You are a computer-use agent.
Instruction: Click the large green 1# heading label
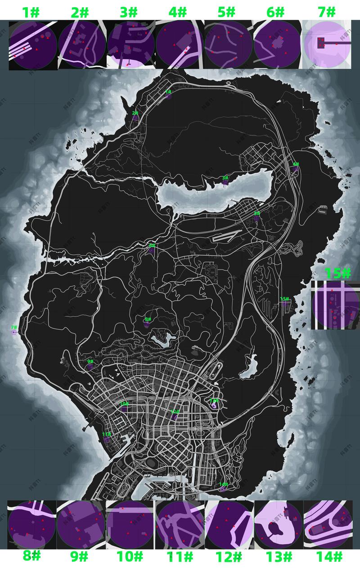click(31, 12)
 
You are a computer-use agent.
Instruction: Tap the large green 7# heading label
click(327, 12)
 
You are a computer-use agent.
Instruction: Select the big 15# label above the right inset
click(337, 273)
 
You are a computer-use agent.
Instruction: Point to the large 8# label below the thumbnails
click(31, 556)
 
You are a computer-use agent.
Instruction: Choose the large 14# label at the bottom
click(329, 557)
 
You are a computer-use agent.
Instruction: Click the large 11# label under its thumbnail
click(180, 557)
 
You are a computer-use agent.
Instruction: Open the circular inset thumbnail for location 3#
click(130, 45)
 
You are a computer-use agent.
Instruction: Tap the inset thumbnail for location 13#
click(278, 525)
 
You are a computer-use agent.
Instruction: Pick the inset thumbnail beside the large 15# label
click(335, 305)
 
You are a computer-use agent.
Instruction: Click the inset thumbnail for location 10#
click(130, 525)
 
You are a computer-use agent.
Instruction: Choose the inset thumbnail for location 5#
click(229, 45)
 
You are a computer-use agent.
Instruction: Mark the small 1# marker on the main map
click(168, 92)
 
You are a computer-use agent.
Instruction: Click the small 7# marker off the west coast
click(14, 328)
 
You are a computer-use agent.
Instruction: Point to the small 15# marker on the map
click(284, 299)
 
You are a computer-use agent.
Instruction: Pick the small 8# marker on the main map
click(148, 320)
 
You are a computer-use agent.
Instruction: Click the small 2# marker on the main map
click(135, 113)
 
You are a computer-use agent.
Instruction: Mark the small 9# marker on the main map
click(90, 361)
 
